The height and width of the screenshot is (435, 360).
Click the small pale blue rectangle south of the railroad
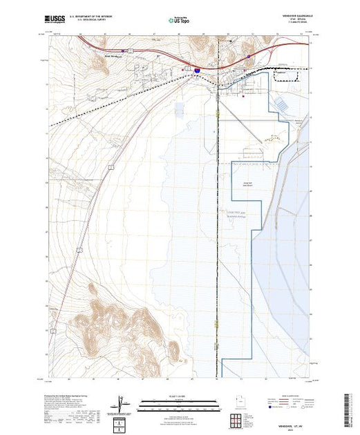coord(180,108)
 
